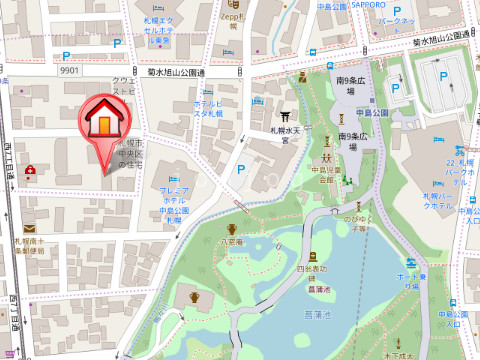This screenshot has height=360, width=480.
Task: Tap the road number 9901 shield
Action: pos(69,71)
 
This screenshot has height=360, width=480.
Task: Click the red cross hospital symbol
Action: pos(30,170)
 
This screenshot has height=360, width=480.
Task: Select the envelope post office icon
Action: pos(28,229)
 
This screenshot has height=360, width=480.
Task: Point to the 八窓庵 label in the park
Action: pos(232,242)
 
